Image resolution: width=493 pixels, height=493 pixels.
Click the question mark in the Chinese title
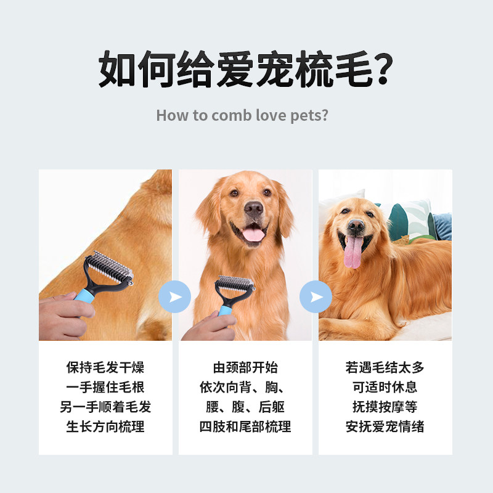click(383, 68)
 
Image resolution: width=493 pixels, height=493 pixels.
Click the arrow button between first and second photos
click(174, 296)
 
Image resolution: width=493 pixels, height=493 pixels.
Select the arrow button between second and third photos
click(316, 296)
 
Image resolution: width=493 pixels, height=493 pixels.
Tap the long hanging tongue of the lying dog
click(352, 251)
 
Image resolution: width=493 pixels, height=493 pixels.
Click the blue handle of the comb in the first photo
click(84, 296)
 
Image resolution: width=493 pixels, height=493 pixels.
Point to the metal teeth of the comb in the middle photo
click(234, 282)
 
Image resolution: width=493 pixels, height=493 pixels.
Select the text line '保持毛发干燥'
click(105, 367)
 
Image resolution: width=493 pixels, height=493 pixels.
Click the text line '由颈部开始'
click(245, 367)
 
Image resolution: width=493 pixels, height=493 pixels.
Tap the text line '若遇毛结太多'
click(385, 367)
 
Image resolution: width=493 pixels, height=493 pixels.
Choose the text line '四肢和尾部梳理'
click(245, 426)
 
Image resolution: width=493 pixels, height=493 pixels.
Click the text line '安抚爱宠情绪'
click(385, 426)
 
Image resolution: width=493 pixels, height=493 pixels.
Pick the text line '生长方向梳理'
click(105, 426)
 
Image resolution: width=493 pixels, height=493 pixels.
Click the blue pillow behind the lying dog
click(442, 226)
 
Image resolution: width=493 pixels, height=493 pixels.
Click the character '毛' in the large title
click(353, 68)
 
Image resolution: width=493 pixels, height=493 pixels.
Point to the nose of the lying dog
click(356, 225)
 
